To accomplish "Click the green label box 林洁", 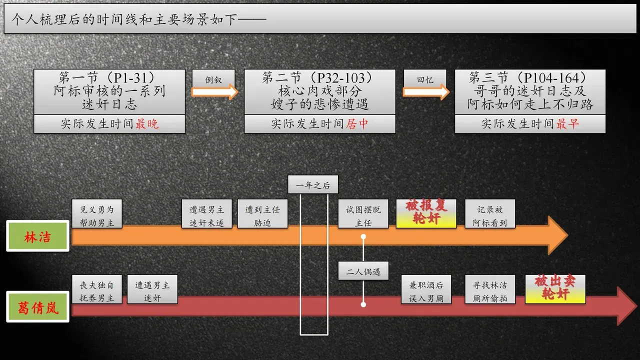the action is (37, 236).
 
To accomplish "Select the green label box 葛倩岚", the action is (37, 307).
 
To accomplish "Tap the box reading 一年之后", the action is (313, 184).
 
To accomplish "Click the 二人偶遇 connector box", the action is (363, 271).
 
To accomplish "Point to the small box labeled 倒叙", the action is (213, 79).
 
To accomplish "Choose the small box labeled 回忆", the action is (425, 79).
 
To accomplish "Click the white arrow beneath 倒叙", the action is (214, 92).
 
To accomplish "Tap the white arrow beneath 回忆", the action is (426, 92).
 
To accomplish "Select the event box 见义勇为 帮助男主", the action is (97, 213).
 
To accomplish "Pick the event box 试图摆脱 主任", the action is (363, 213).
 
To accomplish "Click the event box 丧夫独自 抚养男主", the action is (97, 289).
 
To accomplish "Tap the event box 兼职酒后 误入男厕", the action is (426, 289).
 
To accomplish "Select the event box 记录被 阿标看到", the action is (490, 213).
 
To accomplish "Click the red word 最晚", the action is (147, 124).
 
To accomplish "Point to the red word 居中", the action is (357, 124).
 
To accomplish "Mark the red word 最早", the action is (567, 124).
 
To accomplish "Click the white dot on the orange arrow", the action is (363, 236).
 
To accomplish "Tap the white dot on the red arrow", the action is (363, 304).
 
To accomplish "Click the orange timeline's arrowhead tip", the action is (567, 235).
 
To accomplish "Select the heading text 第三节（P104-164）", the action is (530, 77).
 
